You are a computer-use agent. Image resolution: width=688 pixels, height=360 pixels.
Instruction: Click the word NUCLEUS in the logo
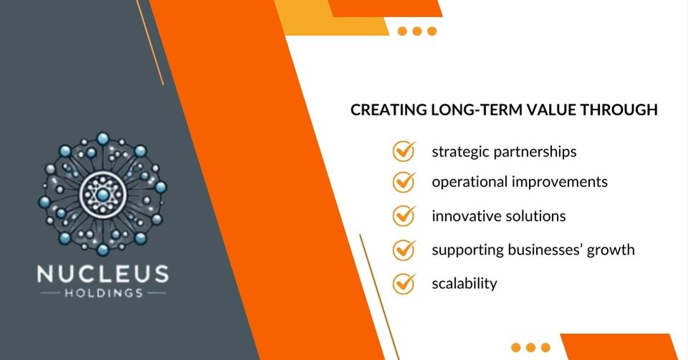pyautogui.click(x=104, y=274)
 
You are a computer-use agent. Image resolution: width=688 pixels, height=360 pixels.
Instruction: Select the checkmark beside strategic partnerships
pyautogui.click(x=404, y=151)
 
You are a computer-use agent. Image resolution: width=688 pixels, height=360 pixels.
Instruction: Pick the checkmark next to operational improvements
pyautogui.click(x=404, y=181)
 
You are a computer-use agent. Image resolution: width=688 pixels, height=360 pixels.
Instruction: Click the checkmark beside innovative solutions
pyautogui.click(x=404, y=215)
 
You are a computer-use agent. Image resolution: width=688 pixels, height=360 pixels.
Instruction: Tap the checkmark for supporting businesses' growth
pyautogui.click(x=404, y=250)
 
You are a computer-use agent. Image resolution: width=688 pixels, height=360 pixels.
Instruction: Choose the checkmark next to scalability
pyautogui.click(x=404, y=283)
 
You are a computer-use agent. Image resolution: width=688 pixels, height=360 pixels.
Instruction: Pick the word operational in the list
pyautogui.click(x=469, y=182)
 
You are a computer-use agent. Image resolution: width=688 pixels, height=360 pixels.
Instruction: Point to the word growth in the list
pyautogui.click(x=611, y=250)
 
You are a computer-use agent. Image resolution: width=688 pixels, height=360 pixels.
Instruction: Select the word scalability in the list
pyautogui.click(x=464, y=283)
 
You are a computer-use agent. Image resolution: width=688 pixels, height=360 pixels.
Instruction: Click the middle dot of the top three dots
pyautogui.click(x=417, y=31)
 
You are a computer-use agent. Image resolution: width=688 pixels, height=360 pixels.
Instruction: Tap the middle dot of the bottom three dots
pyautogui.click(x=531, y=347)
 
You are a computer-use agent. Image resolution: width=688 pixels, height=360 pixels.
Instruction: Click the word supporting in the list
pyautogui.click(x=465, y=250)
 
